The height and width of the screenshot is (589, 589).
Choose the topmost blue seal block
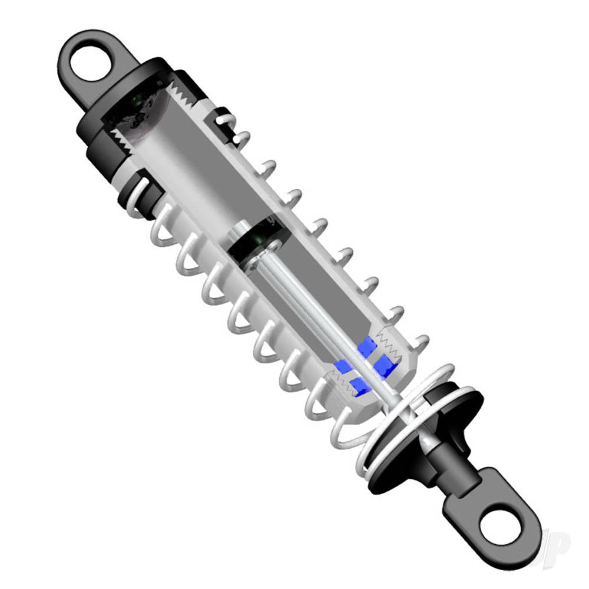tap(366, 346)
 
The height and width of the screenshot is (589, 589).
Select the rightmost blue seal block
tap(385, 366)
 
